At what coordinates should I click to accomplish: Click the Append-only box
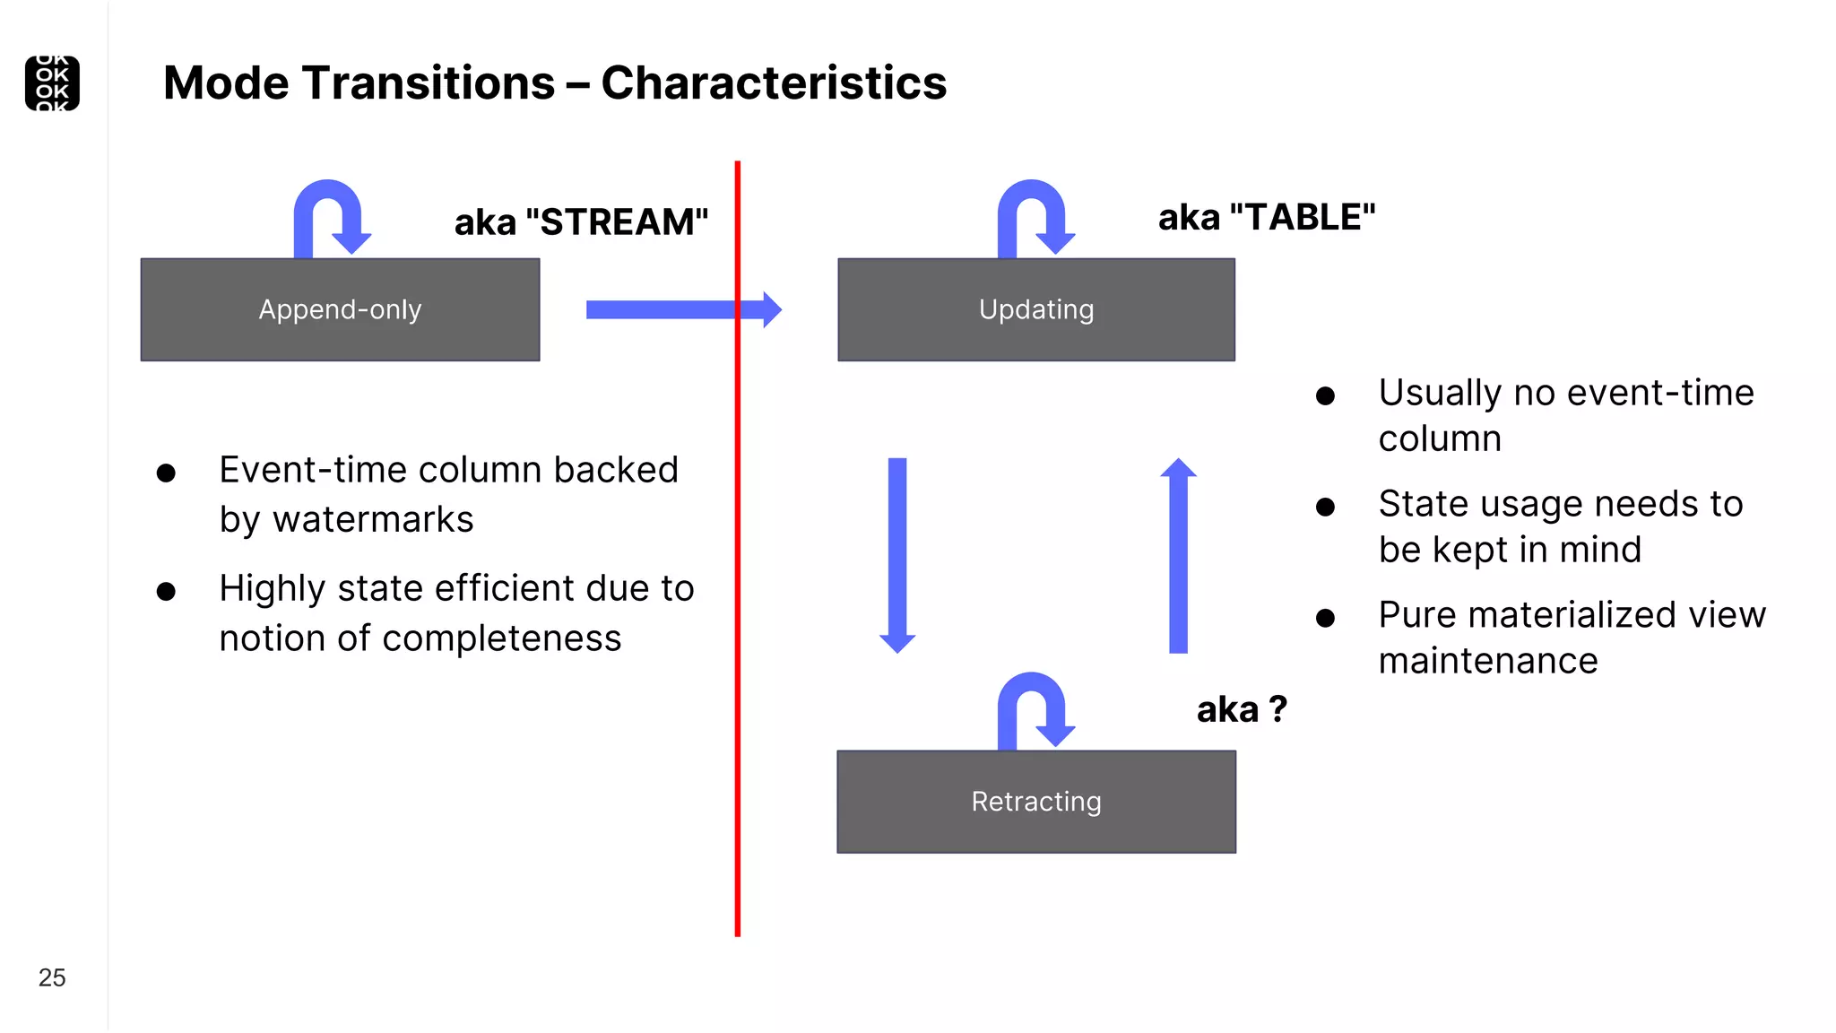(x=340, y=309)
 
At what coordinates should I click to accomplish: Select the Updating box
(x=1035, y=309)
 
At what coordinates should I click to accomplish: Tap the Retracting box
(x=1035, y=801)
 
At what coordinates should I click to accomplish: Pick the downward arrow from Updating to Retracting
(x=897, y=551)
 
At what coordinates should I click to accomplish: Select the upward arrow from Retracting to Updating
(x=1178, y=556)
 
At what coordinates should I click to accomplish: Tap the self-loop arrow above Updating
(x=1033, y=215)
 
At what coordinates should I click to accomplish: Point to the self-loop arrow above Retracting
(x=1033, y=707)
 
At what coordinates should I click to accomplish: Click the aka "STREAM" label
(x=581, y=222)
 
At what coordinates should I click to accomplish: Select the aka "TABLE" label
(x=1266, y=218)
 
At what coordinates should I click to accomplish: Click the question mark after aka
(x=1277, y=709)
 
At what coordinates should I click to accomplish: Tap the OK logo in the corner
(x=52, y=83)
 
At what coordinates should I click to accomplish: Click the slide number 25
(x=52, y=977)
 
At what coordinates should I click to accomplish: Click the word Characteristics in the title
(x=773, y=83)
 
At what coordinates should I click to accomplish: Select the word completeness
(x=501, y=638)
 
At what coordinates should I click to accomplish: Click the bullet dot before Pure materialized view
(x=1325, y=618)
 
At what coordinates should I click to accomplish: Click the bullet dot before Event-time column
(x=166, y=473)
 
